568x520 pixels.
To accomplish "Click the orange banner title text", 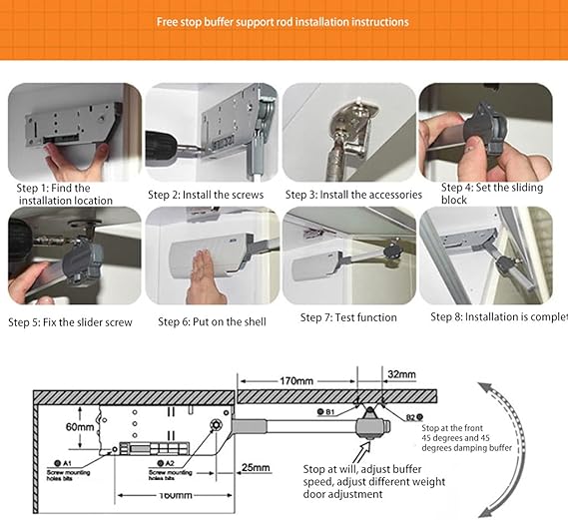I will tap(283, 21).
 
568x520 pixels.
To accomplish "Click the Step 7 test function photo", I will tap(346, 257).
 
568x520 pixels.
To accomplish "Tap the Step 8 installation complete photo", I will tap(485, 257).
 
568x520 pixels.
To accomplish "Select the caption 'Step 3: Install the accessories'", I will tap(353, 195).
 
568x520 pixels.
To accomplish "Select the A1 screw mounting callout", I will tap(73, 469).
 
